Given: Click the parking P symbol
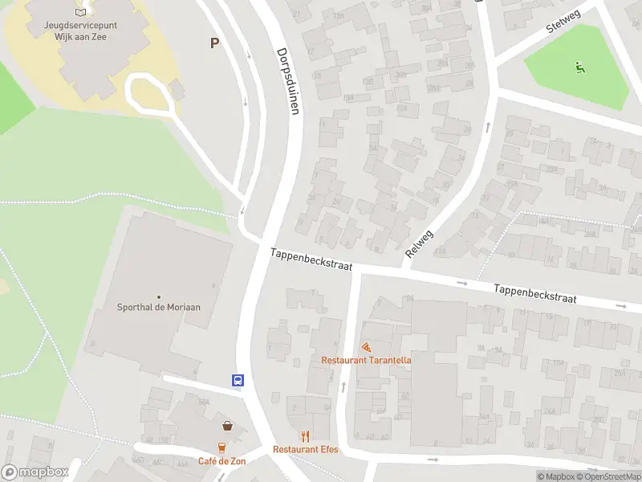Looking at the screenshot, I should (214, 43).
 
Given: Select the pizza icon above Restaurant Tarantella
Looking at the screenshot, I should (366, 348).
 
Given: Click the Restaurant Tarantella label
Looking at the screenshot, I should (366, 361).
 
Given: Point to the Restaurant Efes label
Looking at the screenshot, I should (306, 449).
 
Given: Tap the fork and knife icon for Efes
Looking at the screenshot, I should (306, 436).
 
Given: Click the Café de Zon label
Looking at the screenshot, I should (222, 461).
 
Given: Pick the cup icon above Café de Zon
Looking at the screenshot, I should (222, 447).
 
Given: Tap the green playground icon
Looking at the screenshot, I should (579, 67).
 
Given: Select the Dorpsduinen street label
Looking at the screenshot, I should (288, 80).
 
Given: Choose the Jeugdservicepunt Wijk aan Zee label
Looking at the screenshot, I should (80, 31).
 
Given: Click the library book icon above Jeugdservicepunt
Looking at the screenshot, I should (80, 12).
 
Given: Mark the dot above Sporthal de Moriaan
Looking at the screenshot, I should (158, 296).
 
